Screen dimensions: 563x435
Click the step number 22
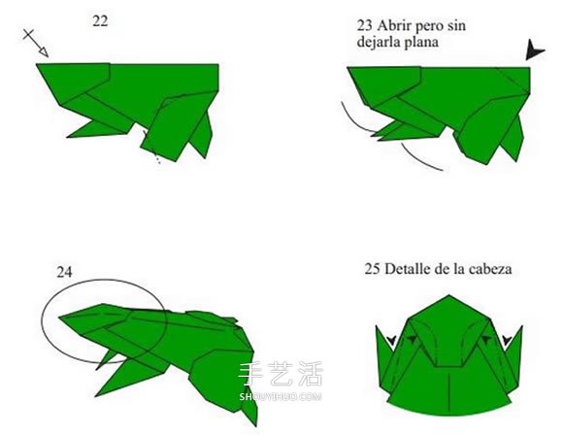coord(100,21)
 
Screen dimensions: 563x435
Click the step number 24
coord(64,272)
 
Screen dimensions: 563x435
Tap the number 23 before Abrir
coord(364,25)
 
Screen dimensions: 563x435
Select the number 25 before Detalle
coord(373,269)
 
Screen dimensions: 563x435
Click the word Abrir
coord(393,25)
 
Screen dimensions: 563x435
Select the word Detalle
coord(406,269)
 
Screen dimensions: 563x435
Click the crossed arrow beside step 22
coord(36,43)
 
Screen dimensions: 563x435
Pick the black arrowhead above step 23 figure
coord(535,50)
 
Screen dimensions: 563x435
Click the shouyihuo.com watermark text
coord(281,396)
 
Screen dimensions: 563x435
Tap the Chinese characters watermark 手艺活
coord(281,374)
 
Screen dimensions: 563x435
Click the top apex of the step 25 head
coord(448,295)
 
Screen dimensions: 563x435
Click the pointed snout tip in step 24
coord(59,317)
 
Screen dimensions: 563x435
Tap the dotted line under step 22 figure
coord(152,148)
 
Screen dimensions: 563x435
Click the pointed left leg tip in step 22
coord(68,137)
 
